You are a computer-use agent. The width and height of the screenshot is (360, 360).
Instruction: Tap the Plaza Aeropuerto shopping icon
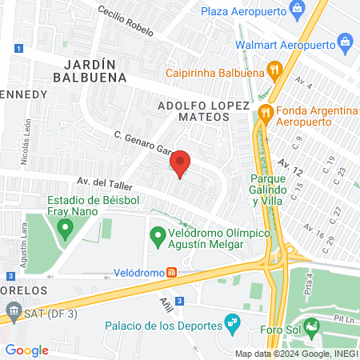298,10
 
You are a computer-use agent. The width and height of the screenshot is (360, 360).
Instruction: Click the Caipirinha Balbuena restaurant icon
274,70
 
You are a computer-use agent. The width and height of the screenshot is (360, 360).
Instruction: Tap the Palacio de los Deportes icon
232,324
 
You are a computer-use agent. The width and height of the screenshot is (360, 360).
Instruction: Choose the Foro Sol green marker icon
312,326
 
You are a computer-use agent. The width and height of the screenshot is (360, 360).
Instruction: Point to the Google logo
26,350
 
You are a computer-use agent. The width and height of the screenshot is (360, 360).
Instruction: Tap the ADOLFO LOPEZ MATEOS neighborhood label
203,110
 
